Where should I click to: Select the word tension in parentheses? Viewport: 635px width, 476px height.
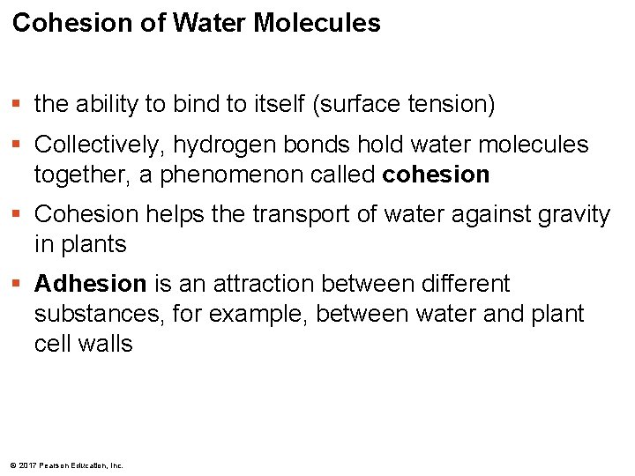click(x=447, y=104)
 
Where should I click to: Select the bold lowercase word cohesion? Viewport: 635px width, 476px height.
click(x=436, y=175)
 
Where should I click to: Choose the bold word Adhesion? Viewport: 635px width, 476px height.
click(x=90, y=284)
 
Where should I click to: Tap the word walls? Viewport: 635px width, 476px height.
click(x=104, y=344)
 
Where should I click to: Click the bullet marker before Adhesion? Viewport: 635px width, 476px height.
click(x=19, y=285)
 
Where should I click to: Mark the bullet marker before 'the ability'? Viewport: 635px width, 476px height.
click(x=19, y=105)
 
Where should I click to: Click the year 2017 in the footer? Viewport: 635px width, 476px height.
click(x=26, y=465)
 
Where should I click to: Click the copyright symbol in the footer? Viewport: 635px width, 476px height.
click(x=10, y=465)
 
